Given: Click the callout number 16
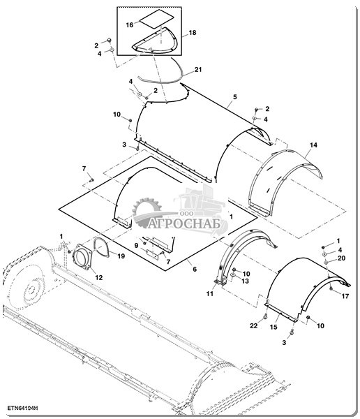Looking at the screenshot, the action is click(x=130, y=25).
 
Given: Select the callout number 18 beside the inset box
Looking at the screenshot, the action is click(x=193, y=33).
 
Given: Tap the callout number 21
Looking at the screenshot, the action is click(x=198, y=69).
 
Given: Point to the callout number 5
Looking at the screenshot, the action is click(x=234, y=97).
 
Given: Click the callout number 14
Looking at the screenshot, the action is click(x=313, y=145).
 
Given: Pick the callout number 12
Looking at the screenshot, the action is click(x=99, y=278).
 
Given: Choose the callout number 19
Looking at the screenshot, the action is click(x=121, y=256).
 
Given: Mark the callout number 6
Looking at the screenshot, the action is click(x=195, y=269).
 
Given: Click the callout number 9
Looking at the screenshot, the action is click(x=136, y=245).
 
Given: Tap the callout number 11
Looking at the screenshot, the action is click(x=209, y=293).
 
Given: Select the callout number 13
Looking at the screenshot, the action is click(x=245, y=281).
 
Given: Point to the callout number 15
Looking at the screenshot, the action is click(x=273, y=327).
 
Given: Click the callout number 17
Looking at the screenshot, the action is click(x=345, y=296).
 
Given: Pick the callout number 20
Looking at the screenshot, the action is click(x=341, y=258).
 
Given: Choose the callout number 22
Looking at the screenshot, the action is click(x=253, y=325).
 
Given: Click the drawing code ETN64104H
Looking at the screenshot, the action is click(x=22, y=408).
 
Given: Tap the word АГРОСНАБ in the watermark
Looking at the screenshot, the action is click(x=184, y=224).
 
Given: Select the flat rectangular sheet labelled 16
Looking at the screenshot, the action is click(x=157, y=18).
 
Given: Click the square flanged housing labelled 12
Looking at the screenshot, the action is click(x=82, y=257).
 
